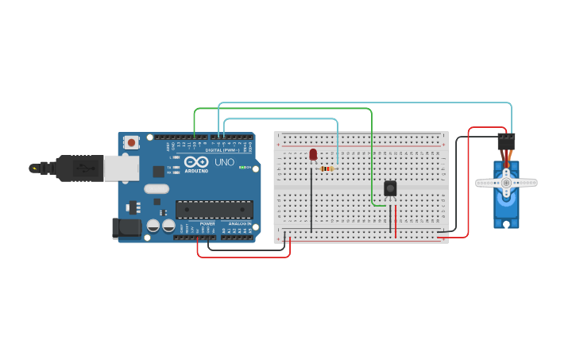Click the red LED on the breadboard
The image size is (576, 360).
313,153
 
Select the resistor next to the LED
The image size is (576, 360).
326,168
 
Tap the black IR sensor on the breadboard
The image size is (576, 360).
390,188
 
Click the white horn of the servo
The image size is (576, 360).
506,183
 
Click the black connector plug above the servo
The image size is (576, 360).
506,141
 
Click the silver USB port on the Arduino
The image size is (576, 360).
121,168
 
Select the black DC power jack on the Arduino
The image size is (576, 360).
125,229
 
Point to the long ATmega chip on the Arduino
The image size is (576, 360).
215,209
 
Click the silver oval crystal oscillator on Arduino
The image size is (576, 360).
157,189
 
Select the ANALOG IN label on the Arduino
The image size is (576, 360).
238,224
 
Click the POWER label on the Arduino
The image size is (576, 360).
207,224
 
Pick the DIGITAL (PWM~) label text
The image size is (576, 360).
223,150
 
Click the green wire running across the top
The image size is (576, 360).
286,108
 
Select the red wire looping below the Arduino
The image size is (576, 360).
242,257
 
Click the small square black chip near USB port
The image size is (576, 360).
159,171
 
